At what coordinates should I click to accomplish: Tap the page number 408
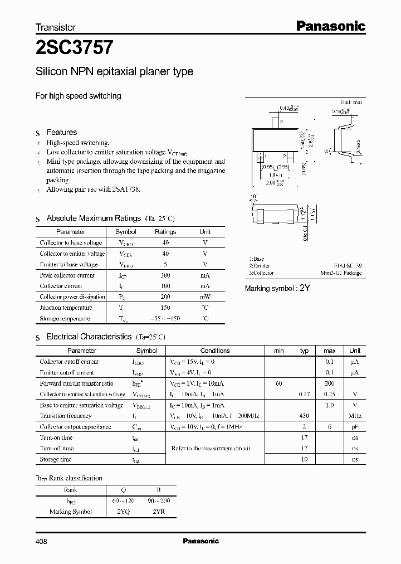coord(41,541)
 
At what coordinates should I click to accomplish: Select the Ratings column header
coord(165,232)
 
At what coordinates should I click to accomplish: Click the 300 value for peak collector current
coord(165,275)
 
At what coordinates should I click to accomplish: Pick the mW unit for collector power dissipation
coord(205,297)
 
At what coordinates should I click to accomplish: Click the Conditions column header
coord(215,351)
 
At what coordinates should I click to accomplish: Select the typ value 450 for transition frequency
coord(304,416)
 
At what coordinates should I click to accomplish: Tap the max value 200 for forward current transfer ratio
coord(330,383)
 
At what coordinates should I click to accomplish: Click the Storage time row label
coord(56,459)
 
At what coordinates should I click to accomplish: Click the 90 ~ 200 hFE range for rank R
coord(159,501)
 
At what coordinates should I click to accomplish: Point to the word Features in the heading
coord(61,133)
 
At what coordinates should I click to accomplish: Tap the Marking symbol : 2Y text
coord(277,288)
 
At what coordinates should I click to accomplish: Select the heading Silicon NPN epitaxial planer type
coord(114,72)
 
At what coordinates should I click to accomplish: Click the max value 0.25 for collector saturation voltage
coord(330,394)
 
